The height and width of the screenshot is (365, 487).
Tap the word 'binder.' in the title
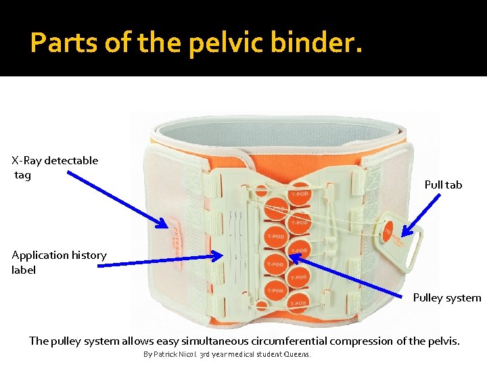(x=317, y=43)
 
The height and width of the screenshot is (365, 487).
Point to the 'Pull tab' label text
(x=443, y=185)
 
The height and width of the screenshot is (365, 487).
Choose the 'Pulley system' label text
(x=447, y=297)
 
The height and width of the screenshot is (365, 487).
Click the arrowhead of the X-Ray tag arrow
(x=166, y=226)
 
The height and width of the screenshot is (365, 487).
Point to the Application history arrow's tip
(x=219, y=255)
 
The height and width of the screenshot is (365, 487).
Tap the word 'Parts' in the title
(x=57, y=43)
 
